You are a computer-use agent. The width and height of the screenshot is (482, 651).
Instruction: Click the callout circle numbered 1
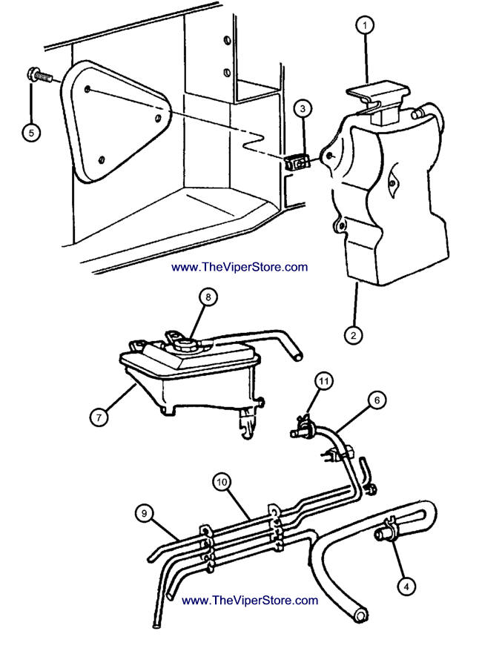[364, 26]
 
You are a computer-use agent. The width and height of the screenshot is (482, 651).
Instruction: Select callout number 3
[303, 109]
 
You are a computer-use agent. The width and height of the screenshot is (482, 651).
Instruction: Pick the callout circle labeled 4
[405, 586]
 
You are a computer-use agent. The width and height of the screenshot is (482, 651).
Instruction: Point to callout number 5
[31, 133]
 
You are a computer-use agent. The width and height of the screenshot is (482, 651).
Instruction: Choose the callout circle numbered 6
[377, 400]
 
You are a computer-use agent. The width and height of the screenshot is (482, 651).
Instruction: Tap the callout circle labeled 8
[208, 297]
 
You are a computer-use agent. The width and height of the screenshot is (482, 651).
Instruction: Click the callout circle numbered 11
[323, 383]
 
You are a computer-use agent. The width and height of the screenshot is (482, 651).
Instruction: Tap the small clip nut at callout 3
[297, 161]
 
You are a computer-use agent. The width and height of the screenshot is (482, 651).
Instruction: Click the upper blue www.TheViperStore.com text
[239, 267]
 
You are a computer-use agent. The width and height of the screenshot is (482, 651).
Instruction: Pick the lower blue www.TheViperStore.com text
[249, 601]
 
